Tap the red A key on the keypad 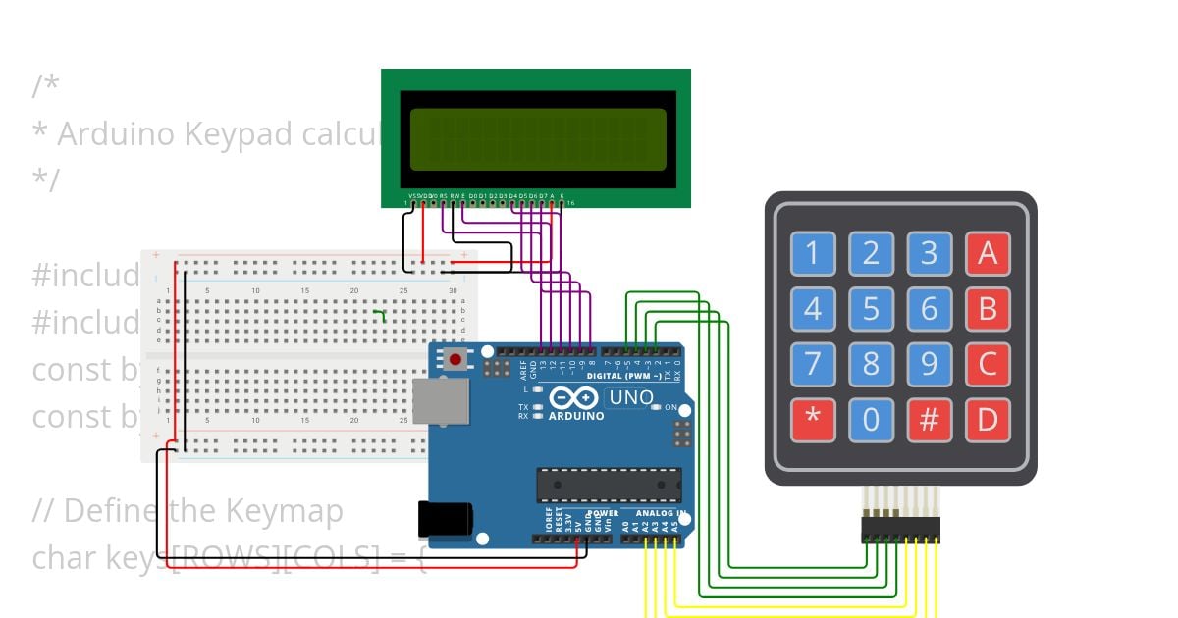pos(987,253)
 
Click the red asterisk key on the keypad pos(813,419)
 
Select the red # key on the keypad pos(929,419)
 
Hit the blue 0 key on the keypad pos(871,419)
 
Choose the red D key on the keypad pos(987,419)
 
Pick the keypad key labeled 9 pos(929,364)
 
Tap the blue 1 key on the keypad pos(813,253)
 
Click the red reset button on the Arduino pos(455,359)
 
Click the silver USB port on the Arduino pos(441,401)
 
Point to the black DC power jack pos(444,520)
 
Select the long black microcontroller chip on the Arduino pos(609,485)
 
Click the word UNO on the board pos(631,398)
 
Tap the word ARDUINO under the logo pos(576,416)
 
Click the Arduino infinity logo pos(574,398)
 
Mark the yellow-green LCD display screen pos(537,139)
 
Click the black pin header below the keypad pos(900,531)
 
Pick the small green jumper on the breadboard pos(381,314)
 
